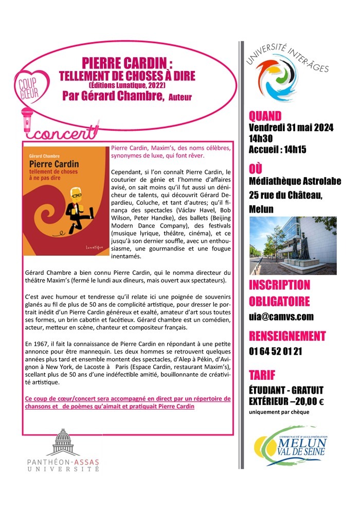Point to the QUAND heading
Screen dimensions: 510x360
[x=265, y=115]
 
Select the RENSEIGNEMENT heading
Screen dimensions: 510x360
[x=287, y=337]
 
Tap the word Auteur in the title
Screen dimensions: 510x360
[x=180, y=98]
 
